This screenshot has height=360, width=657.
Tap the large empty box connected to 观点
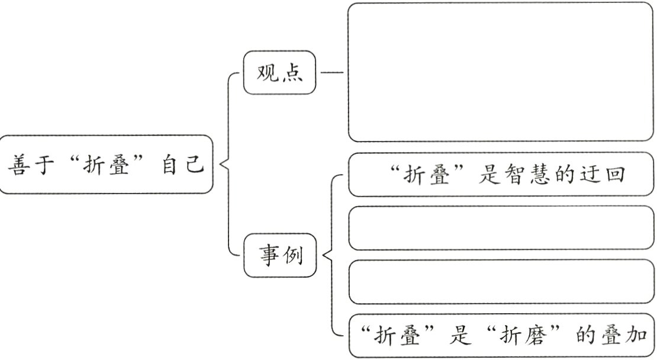point(500,72)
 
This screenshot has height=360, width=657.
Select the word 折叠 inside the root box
point(108,163)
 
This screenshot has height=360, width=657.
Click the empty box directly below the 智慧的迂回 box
point(500,228)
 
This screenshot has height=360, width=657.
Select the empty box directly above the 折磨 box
point(500,282)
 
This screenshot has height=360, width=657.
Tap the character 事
point(268,256)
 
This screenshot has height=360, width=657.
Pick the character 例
point(294,256)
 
